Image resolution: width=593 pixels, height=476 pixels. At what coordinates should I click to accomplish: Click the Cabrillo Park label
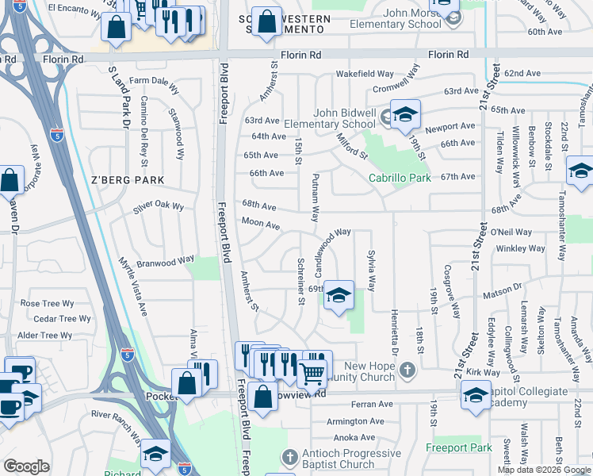[400, 178]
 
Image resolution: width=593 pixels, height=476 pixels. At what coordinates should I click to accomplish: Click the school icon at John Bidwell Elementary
[405, 115]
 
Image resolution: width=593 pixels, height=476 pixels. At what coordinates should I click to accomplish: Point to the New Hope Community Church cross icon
[407, 369]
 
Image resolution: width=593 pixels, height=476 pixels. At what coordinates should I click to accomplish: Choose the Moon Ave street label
[261, 225]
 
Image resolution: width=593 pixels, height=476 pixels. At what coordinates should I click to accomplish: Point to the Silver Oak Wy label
[159, 207]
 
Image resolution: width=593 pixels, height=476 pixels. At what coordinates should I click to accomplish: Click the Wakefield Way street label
[365, 73]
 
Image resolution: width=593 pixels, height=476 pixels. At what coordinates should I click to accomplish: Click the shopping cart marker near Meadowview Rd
[312, 372]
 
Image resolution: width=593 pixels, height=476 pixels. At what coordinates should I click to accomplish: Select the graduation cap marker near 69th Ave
[339, 296]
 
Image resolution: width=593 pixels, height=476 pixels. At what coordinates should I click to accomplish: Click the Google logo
[26, 466]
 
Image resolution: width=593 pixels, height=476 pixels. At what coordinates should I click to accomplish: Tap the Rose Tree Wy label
[47, 303]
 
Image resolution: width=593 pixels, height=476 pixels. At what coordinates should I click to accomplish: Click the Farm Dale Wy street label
[155, 81]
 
